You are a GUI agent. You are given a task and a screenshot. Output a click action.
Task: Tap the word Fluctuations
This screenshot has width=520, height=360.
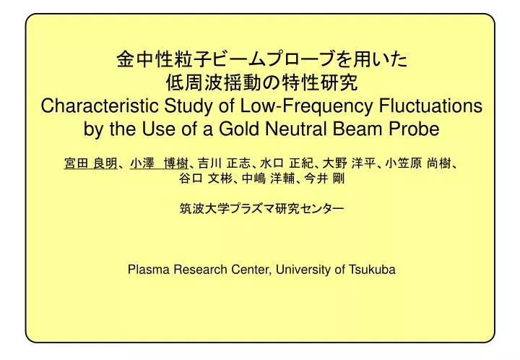point(430,106)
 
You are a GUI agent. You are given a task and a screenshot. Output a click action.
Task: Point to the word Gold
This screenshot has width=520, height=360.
point(238,129)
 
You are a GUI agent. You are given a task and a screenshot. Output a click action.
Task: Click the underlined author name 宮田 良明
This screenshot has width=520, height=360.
point(90,163)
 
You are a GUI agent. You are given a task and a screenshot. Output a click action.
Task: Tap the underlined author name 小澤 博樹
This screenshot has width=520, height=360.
point(159,163)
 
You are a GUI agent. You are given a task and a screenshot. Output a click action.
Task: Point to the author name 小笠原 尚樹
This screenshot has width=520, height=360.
point(418,163)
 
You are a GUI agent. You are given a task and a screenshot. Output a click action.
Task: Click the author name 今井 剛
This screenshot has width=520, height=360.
point(324,179)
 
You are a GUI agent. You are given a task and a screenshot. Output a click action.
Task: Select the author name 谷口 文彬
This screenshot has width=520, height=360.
point(206,179)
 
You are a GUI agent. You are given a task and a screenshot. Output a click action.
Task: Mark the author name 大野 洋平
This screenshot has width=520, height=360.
point(349,163)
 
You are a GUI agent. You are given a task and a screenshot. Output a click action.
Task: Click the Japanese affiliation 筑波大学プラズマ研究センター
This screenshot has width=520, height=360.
point(261,209)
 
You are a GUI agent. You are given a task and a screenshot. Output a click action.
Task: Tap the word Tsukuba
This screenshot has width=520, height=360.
point(372,269)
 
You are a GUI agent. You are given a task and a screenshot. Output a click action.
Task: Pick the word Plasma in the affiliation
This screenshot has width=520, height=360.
point(149,269)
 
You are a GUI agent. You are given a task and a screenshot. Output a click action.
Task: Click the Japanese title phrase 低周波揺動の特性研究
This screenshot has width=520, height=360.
point(261,83)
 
